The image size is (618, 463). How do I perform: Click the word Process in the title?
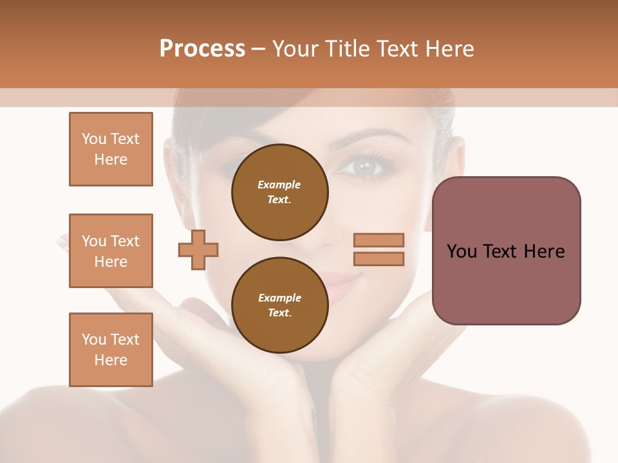tap(202, 48)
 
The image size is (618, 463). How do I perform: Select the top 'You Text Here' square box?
tap(111, 149)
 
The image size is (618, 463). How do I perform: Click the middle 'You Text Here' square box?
tap(111, 251)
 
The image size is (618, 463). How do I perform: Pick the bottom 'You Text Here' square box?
tap(111, 350)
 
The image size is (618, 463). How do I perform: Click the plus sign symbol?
tap(198, 250)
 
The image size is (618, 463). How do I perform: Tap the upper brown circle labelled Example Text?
tap(279, 192)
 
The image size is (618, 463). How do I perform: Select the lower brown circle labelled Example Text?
tap(279, 305)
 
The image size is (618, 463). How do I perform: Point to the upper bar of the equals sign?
tap(379, 241)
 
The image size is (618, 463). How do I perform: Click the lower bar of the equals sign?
tap(379, 259)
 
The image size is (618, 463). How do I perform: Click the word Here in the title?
tap(450, 48)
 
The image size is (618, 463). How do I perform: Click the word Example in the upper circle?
tap(279, 185)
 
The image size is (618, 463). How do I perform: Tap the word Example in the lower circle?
tap(279, 298)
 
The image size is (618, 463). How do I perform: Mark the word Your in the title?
tap(295, 48)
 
